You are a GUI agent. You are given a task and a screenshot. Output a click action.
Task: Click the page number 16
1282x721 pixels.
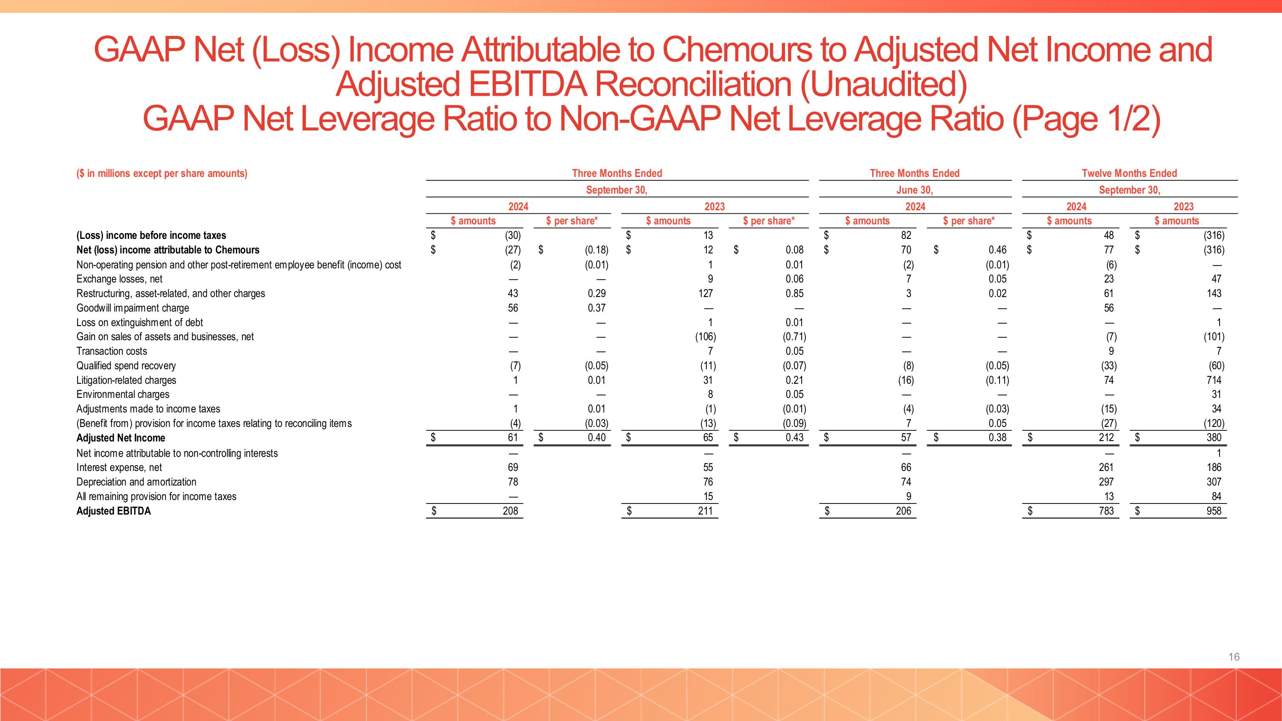tap(1234, 657)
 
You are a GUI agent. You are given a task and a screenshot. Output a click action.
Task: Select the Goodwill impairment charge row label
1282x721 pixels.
tap(132, 308)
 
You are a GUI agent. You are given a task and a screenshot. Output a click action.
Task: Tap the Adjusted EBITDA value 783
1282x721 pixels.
tap(1106, 511)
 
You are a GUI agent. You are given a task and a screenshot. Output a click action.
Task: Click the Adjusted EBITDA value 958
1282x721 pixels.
tap(1213, 511)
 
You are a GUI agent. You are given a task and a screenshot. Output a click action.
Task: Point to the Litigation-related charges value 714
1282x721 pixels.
tap(1213, 380)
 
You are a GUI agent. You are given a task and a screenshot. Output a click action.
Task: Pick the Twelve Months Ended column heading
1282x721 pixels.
tap(1129, 173)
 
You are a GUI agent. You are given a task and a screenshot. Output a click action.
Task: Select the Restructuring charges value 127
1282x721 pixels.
tap(705, 294)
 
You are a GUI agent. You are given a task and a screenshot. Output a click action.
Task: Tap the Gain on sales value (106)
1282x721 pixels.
tap(705, 337)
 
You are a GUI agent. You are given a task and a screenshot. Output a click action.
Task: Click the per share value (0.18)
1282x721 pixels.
tap(596, 250)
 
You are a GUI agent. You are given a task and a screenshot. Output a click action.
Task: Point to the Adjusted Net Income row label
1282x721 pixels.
tap(121, 438)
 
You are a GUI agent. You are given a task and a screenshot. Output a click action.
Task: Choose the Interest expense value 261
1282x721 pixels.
tap(1106, 467)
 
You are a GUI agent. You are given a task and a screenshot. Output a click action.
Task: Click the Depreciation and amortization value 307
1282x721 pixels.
tap(1213, 482)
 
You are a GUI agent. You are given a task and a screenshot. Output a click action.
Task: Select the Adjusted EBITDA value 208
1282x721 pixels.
tap(510, 511)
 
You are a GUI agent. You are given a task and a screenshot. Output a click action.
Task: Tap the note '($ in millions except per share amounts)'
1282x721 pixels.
tap(162, 173)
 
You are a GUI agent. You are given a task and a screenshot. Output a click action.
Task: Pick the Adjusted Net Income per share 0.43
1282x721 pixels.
tap(794, 437)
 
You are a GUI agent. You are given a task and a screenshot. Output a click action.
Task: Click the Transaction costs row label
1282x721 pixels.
tap(112, 351)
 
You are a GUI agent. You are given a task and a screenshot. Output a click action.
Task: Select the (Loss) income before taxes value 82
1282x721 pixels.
tap(906, 235)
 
